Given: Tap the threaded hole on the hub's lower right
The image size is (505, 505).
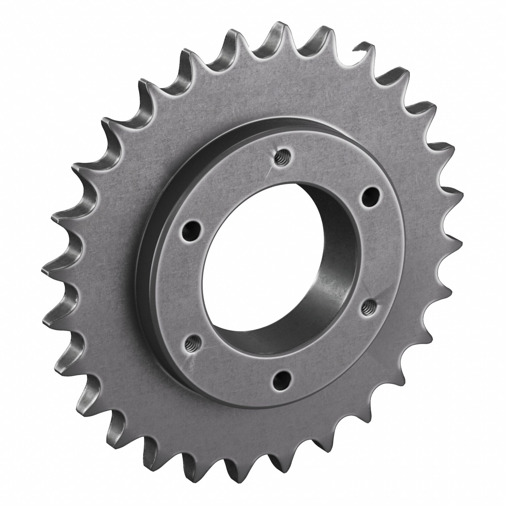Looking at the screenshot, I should click(368, 306).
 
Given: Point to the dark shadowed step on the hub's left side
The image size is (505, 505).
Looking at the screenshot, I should click(146, 261).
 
